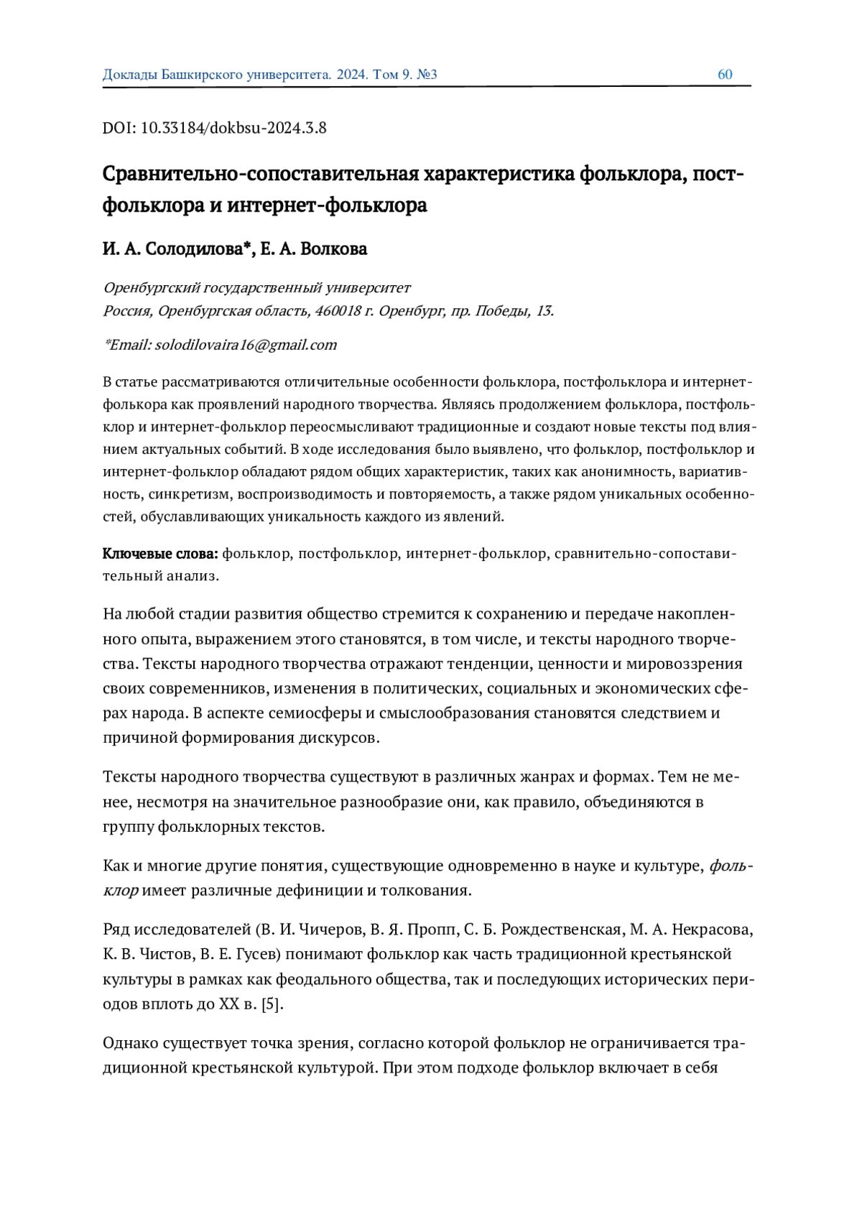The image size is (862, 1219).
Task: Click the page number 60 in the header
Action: point(725,75)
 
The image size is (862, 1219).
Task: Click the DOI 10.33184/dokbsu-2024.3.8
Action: point(233,129)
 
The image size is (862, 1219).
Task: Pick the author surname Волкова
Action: point(334,249)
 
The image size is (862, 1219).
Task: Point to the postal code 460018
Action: point(337,311)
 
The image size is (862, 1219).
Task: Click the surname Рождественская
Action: point(561,930)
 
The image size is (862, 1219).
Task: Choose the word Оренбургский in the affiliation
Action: point(152,288)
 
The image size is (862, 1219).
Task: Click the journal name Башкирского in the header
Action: point(203,75)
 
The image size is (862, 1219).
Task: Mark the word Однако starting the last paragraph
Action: point(131,1043)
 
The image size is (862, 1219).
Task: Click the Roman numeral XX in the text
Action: point(228,1004)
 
